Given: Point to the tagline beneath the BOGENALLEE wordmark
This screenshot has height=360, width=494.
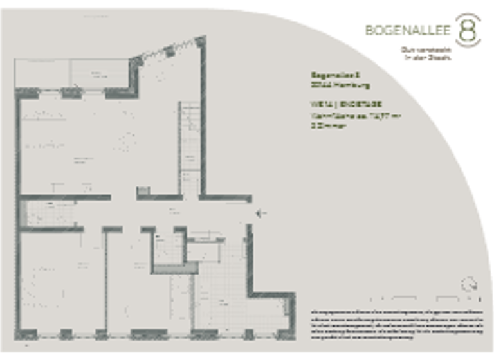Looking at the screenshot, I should (x=427, y=53).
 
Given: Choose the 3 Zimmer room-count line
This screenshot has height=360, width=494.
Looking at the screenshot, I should (x=329, y=126).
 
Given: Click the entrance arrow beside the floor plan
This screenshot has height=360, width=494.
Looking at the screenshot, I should (x=261, y=213).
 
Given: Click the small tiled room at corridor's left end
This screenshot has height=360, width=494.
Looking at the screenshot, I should (x=48, y=213).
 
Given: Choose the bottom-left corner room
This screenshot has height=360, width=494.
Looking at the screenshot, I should (x=61, y=283).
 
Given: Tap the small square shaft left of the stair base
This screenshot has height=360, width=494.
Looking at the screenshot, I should (x=143, y=191).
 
